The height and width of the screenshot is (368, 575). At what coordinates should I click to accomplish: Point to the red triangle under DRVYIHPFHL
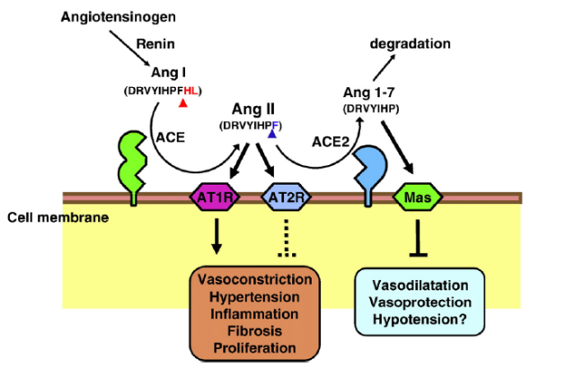182,105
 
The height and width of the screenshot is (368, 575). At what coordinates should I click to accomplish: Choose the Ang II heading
255,107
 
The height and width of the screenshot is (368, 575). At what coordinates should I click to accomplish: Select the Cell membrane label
45,218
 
